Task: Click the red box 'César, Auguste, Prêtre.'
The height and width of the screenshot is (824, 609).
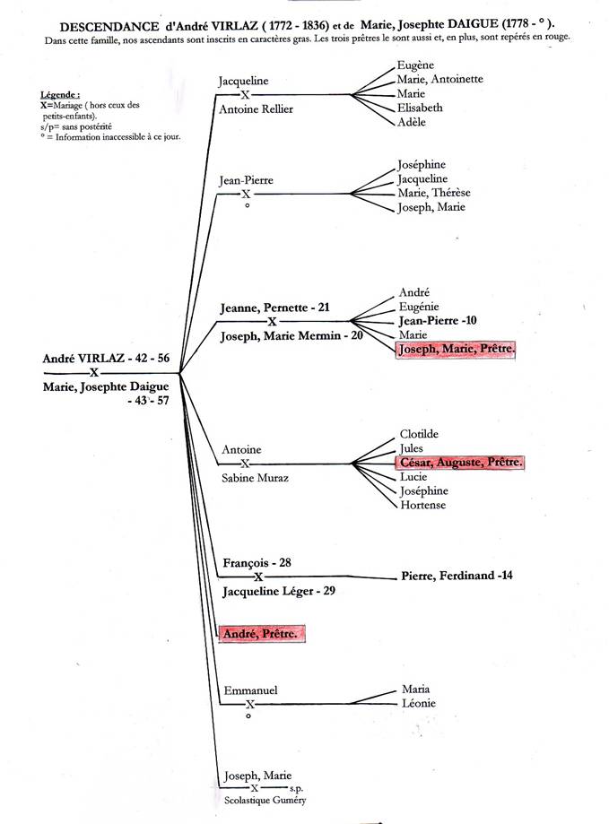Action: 460,463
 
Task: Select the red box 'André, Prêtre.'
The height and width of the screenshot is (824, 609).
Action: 261,634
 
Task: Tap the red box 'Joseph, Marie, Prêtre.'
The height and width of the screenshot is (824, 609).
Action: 456,350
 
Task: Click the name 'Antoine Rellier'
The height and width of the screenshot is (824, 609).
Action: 256,109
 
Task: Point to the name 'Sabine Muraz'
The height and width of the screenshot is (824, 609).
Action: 255,478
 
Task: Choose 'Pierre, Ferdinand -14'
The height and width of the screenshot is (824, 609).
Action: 457,576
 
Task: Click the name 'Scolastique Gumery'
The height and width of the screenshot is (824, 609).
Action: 265,801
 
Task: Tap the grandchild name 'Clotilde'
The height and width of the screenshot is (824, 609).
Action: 419,434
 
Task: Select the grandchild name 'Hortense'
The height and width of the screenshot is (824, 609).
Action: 423,505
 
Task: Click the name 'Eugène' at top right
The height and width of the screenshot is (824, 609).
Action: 415,65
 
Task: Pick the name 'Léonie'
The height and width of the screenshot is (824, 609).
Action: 419,703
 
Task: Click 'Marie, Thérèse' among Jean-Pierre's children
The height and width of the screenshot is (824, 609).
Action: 434,193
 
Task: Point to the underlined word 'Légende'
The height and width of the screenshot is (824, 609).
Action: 59,95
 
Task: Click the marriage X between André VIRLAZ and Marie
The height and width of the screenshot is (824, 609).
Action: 94,373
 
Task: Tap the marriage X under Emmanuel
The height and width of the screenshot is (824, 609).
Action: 250,704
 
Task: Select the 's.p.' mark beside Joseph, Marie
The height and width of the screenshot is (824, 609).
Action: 296,788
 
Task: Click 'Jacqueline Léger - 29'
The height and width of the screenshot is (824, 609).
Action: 279,591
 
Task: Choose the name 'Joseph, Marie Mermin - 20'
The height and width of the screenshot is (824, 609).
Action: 291,336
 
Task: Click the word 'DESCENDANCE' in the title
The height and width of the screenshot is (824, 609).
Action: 109,27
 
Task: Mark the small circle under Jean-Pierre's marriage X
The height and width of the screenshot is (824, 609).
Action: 247,205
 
